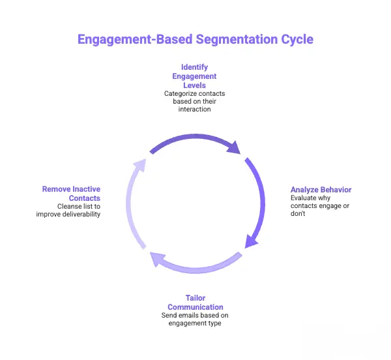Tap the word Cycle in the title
click(x=295, y=39)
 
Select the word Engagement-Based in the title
click(x=135, y=39)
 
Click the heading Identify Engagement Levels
click(x=195, y=76)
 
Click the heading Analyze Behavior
click(x=321, y=190)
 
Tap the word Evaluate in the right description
click(x=304, y=198)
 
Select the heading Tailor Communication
click(x=195, y=303)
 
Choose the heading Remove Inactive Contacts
click(x=72, y=194)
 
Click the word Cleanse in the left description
click(x=70, y=206)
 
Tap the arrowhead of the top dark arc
click(x=233, y=147)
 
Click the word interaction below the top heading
click(x=195, y=109)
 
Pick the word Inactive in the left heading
click(x=83, y=189)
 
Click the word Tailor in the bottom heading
click(x=195, y=298)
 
